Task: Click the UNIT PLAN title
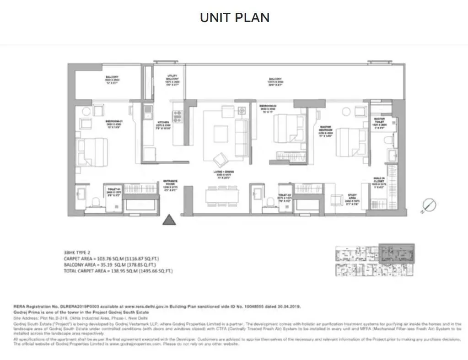point(234,18)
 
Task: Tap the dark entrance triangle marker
point(170,220)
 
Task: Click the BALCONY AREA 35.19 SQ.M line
point(110,264)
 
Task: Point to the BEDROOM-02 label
point(269,108)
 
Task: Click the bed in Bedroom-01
point(92,151)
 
